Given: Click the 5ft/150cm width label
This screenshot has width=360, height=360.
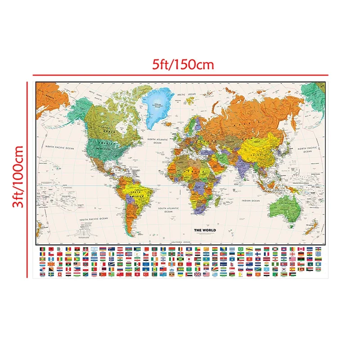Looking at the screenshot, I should (x=182, y=64).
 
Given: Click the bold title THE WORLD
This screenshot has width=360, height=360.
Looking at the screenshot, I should (x=205, y=230).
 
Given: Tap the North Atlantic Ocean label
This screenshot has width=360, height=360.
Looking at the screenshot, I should (x=157, y=141).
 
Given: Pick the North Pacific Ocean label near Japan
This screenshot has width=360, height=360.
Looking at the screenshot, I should (x=307, y=149).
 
